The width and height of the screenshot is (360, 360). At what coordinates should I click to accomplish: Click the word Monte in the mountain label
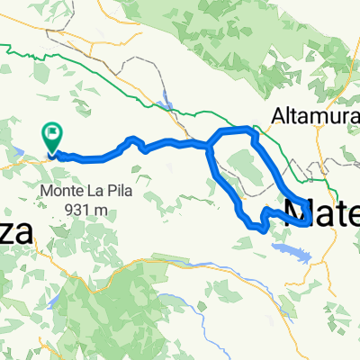coord(59,191)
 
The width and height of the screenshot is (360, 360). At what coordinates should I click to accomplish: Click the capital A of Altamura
coord(278,115)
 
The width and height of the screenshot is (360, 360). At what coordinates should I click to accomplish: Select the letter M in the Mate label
coord(300,215)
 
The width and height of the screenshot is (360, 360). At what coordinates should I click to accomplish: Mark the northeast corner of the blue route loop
coord(254,132)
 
